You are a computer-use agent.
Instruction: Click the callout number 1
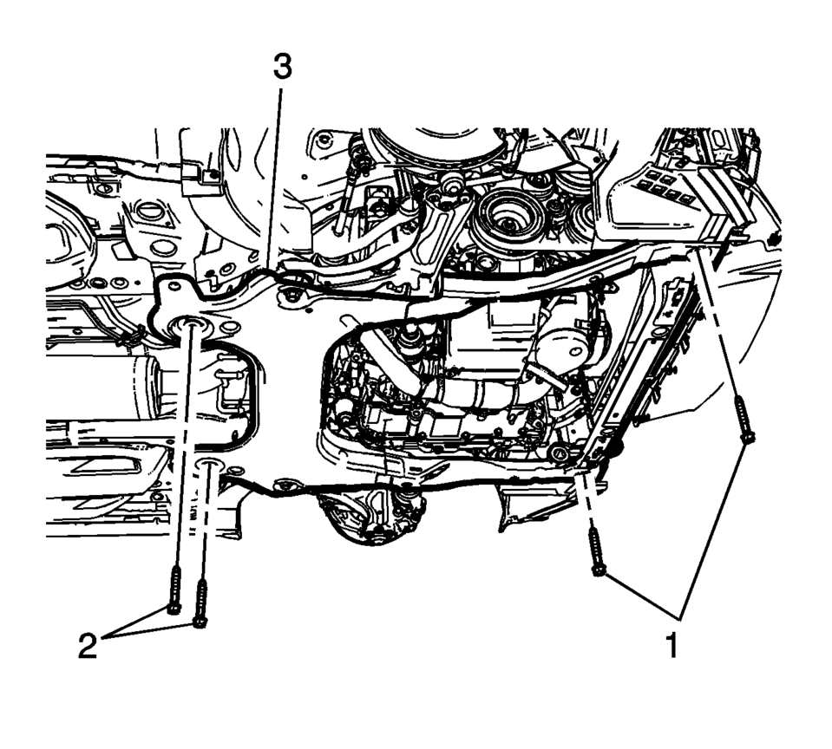coord(672,644)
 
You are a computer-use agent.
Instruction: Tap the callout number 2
coord(88,646)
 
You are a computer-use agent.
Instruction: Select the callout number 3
coord(282,68)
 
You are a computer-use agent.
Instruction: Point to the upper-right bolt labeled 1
coord(744,420)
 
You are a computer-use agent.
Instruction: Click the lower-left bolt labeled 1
coord(596,553)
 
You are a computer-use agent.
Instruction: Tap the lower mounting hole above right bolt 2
coord(208,465)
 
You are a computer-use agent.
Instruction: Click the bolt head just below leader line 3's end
coord(289,296)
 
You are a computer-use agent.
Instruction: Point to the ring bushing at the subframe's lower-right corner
coord(557,453)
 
